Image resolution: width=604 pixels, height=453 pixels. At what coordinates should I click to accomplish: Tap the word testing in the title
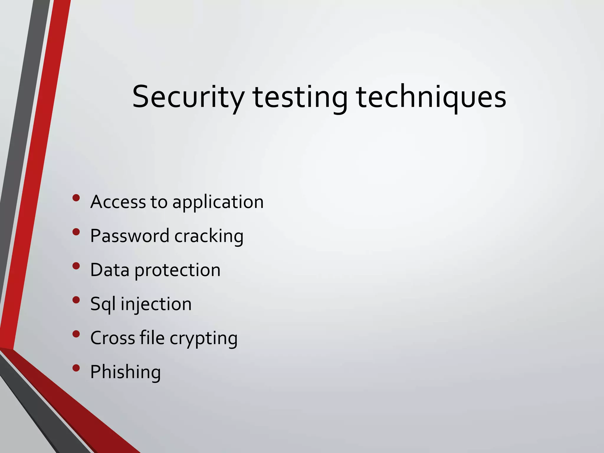click(x=300, y=97)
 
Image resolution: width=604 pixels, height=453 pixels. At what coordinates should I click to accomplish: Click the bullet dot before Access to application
click(x=76, y=198)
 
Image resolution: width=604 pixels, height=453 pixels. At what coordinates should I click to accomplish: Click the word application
click(x=218, y=203)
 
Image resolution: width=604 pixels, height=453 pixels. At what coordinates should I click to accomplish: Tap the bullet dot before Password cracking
click(x=76, y=232)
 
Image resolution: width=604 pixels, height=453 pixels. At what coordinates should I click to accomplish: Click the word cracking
click(x=209, y=237)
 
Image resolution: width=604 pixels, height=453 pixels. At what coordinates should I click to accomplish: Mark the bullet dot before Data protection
click(x=76, y=266)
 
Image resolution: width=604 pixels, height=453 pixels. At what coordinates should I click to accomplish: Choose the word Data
click(x=110, y=270)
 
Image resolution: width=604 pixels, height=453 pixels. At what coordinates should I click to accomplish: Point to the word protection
click(x=178, y=270)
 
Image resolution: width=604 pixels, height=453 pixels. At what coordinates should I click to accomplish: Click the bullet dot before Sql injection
click(x=76, y=300)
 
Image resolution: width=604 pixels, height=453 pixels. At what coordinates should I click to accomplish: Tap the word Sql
click(x=103, y=304)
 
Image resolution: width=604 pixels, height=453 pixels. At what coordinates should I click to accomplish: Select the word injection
click(x=156, y=304)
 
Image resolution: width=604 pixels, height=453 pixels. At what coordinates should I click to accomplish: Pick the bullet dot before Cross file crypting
click(x=76, y=334)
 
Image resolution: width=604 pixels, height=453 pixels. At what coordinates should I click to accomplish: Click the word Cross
click(x=113, y=338)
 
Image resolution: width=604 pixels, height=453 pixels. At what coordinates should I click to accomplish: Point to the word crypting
click(x=203, y=339)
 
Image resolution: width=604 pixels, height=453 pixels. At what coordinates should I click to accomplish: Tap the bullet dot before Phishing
click(x=76, y=368)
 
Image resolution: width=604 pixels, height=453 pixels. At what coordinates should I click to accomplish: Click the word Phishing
click(x=125, y=372)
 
